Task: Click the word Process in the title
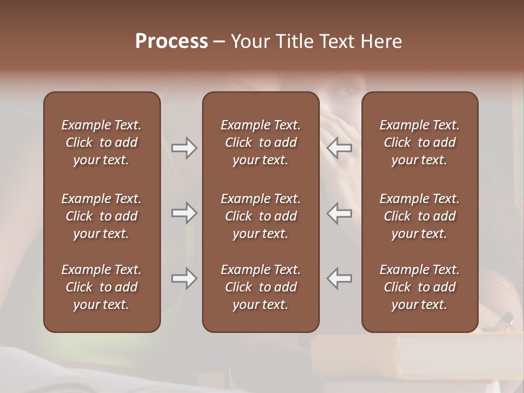[171, 41]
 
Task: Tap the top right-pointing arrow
[184, 147]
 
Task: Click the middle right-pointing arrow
[184, 213]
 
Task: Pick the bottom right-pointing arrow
[184, 278]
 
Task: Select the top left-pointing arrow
[340, 147]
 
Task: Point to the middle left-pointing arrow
[340, 213]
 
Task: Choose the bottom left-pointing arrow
[340, 278]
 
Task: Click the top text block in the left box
[102, 142]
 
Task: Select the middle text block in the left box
[102, 216]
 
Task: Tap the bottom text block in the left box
[102, 287]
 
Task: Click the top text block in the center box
[260, 142]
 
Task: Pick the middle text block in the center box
[260, 216]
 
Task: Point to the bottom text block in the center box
[260, 287]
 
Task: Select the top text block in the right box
[419, 142]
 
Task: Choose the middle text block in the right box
[419, 216]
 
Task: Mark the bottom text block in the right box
[419, 287]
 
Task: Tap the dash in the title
[219, 42]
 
